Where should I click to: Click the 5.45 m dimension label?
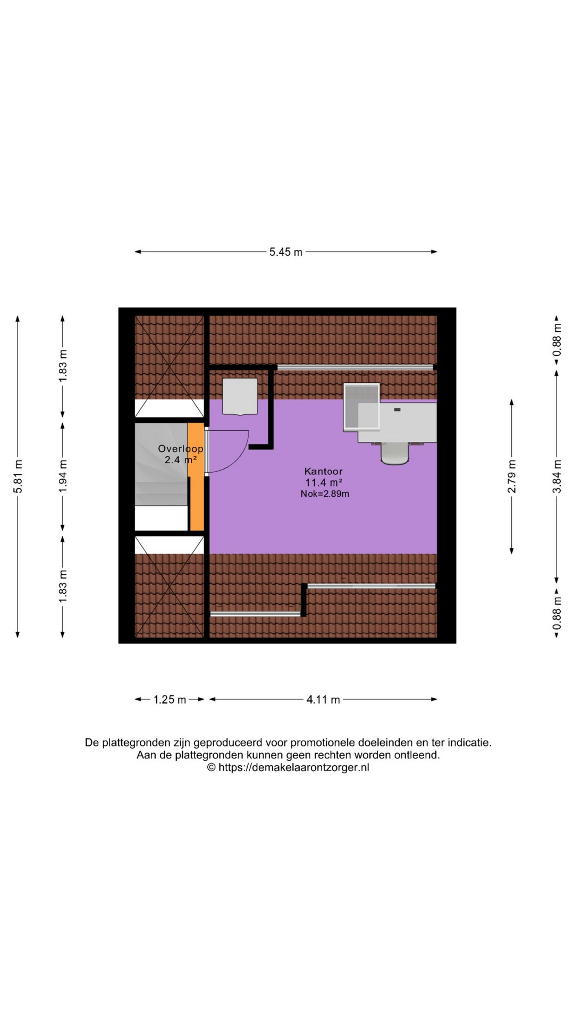click(286, 252)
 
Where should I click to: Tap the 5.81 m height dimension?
click(18, 476)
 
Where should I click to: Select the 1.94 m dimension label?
click(63, 475)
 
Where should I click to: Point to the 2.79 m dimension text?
click(512, 476)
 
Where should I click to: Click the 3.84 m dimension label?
click(557, 476)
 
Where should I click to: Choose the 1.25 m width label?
click(170, 700)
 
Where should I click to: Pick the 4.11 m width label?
click(323, 700)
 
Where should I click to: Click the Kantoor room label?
click(323, 471)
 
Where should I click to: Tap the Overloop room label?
click(181, 449)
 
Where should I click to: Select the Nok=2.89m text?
click(325, 494)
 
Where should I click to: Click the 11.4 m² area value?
click(323, 482)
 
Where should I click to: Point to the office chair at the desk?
click(395, 453)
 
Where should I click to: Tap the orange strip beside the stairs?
click(196, 476)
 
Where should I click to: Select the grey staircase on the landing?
click(161, 464)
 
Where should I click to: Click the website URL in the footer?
click(293, 767)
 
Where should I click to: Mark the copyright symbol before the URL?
click(211, 767)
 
